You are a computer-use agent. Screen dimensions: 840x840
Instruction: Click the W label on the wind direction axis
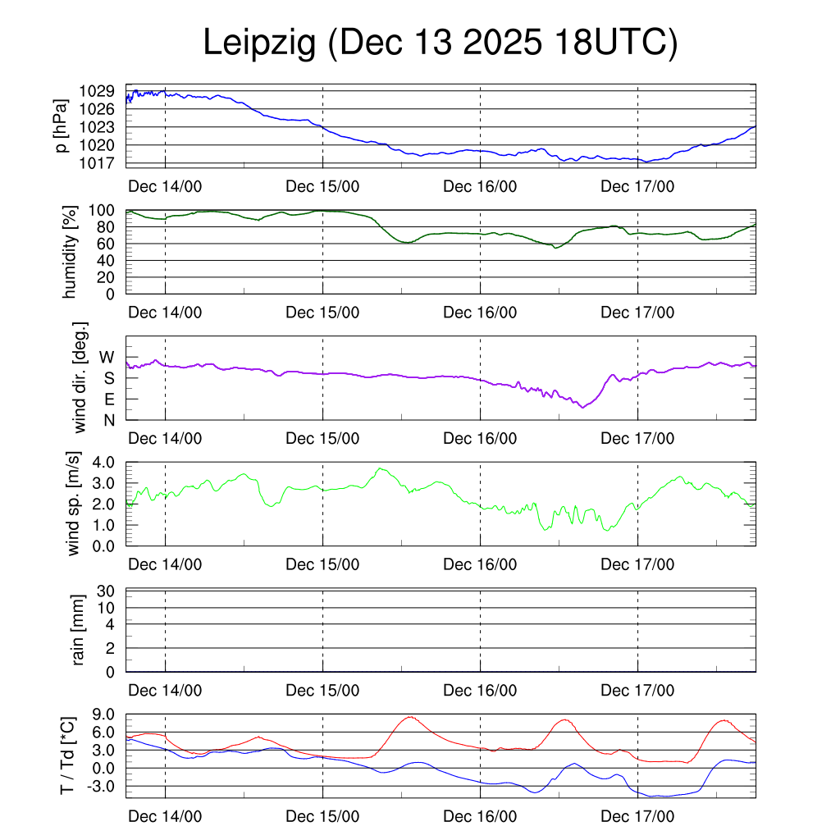[x=107, y=357]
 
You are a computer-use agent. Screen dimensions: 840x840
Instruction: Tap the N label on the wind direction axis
[x=108, y=420]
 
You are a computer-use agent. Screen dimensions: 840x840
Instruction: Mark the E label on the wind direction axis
[x=108, y=399]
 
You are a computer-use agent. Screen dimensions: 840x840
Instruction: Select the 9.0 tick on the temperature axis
[x=107, y=714]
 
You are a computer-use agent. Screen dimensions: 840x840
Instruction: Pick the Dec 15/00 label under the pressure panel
[x=322, y=186]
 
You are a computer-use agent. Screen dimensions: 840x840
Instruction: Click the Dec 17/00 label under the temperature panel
[x=637, y=817]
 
